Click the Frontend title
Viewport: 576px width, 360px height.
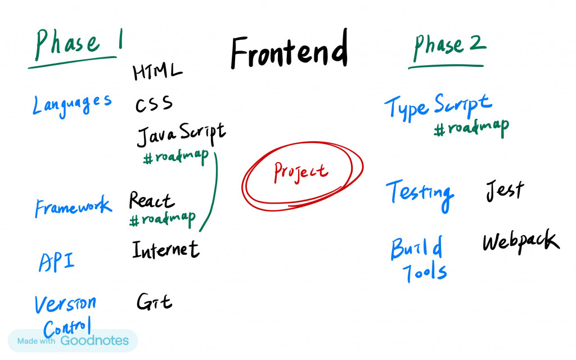coord(289,49)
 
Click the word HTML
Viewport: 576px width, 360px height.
coord(157,71)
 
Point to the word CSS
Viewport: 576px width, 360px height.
coord(154,103)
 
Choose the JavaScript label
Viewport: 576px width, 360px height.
coord(181,134)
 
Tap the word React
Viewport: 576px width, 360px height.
coord(151,200)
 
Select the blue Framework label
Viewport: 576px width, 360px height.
coord(74,206)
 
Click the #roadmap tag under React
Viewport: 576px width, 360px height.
coord(163,219)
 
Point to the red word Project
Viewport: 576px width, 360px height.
coord(301,172)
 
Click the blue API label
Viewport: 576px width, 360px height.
coord(57,262)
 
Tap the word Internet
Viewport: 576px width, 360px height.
coord(166,249)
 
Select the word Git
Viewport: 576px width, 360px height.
coord(154,301)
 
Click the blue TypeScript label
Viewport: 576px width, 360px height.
coord(438,107)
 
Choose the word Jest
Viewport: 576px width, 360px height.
coord(505,190)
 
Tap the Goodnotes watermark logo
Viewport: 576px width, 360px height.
coord(94,340)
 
